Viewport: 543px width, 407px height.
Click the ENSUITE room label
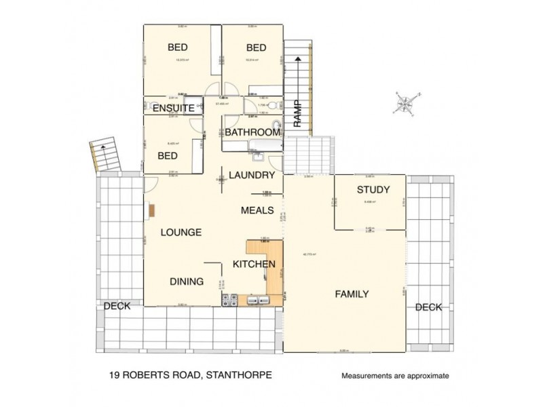pos(172,108)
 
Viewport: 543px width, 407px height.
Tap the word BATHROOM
pos(252,132)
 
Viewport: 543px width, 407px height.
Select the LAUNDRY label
pos(250,175)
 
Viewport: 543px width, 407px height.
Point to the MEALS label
pos(257,211)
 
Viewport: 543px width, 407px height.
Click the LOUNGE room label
pos(181,232)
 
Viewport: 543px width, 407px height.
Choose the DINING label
pos(187,281)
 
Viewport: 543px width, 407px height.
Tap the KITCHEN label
pos(254,264)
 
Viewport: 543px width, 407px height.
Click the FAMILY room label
pos(352,294)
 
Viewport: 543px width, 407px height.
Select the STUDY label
pos(373,190)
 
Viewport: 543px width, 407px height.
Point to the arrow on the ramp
pos(297,72)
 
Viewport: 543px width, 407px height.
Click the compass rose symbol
pos(406,103)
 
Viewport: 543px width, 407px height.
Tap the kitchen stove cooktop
pos(228,298)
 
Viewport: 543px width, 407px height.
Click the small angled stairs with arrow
pos(103,155)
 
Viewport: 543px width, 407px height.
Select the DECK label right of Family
pos(428,307)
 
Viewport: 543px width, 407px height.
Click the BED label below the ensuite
pos(167,155)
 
